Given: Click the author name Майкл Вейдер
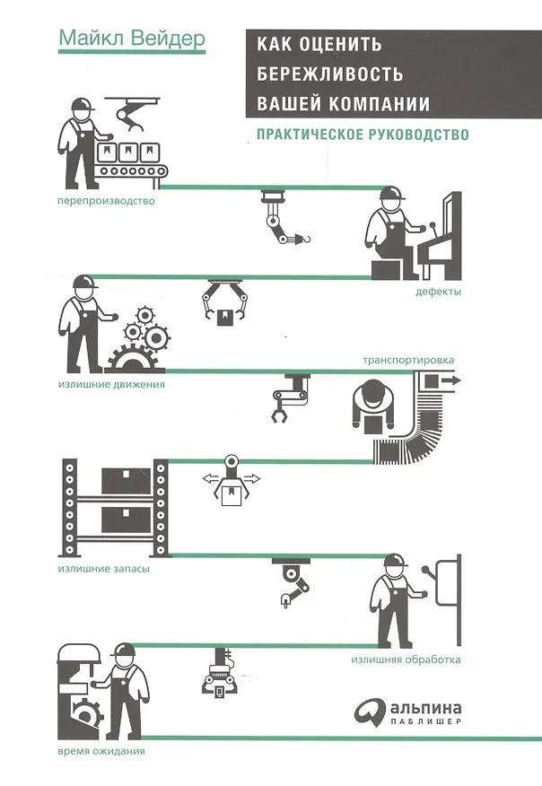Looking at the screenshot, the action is [132, 39].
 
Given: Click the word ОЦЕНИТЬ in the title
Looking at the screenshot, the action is [340, 45].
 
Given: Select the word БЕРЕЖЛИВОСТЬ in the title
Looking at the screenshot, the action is [330, 74].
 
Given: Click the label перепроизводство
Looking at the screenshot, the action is [106, 202].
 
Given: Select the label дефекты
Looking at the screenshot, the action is [438, 292].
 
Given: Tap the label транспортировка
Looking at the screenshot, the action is [408, 360].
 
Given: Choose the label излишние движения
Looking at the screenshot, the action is [111, 385].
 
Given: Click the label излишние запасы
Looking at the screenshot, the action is [104, 569].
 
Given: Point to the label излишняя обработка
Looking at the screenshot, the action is [406, 659].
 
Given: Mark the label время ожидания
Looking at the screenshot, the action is [101, 751].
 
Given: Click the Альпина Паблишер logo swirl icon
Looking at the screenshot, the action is [370, 712].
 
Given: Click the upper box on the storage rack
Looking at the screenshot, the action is [126, 481].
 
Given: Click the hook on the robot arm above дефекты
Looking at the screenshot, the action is [304, 239].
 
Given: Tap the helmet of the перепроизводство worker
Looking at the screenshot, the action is [83, 104].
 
